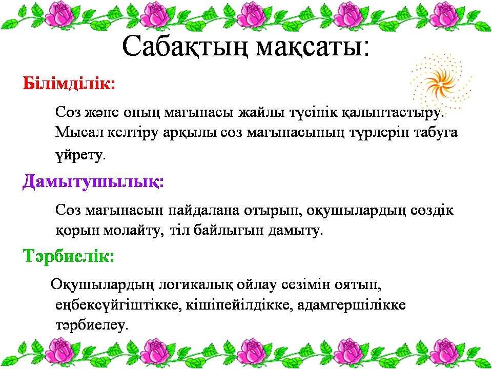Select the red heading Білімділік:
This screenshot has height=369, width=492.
(x=69, y=84)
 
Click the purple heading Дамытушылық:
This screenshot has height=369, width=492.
(x=93, y=182)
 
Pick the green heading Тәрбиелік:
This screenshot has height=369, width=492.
(x=68, y=255)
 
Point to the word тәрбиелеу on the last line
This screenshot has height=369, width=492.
(x=92, y=325)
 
